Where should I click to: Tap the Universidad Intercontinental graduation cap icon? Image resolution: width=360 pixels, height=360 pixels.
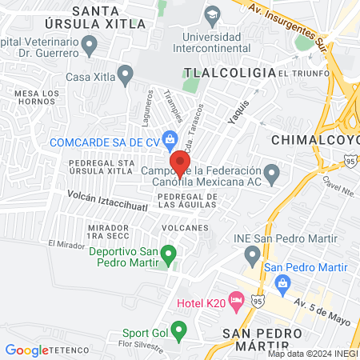[x=212, y=14]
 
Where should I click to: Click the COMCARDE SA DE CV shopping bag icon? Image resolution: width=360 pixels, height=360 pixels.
[x=170, y=140]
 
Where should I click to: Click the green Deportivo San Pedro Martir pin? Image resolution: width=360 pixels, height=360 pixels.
[x=168, y=255]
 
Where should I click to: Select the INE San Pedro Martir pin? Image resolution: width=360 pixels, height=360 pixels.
[x=253, y=256]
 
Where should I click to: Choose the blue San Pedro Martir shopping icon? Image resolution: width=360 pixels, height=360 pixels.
[x=282, y=283]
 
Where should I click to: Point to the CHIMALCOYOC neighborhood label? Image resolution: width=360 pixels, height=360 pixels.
[x=315, y=140]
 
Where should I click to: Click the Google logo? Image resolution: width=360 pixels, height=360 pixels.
[x=26, y=350]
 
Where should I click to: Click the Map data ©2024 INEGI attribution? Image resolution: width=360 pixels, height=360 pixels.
[x=313, y=354]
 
